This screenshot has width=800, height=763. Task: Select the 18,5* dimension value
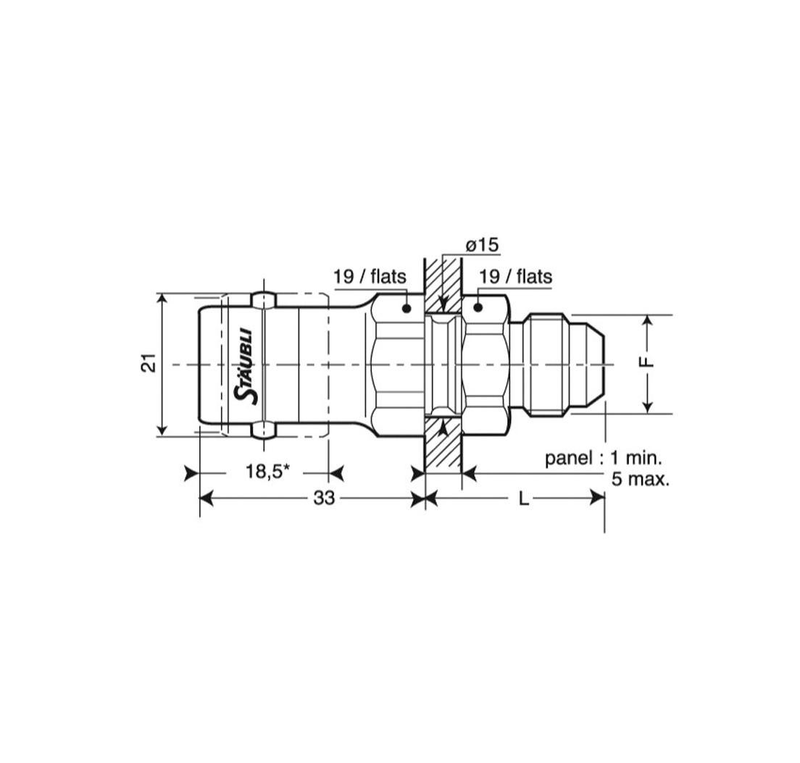coord(267,471)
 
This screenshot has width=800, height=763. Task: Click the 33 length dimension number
coord(324,498)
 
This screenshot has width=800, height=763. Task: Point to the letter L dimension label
coord(523,499)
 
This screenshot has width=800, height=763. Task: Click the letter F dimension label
coord(646,362)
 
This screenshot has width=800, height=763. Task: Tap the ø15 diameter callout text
coord(482,245)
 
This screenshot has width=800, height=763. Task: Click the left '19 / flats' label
coord(370,277)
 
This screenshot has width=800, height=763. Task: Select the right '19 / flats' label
coord(516,277)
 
